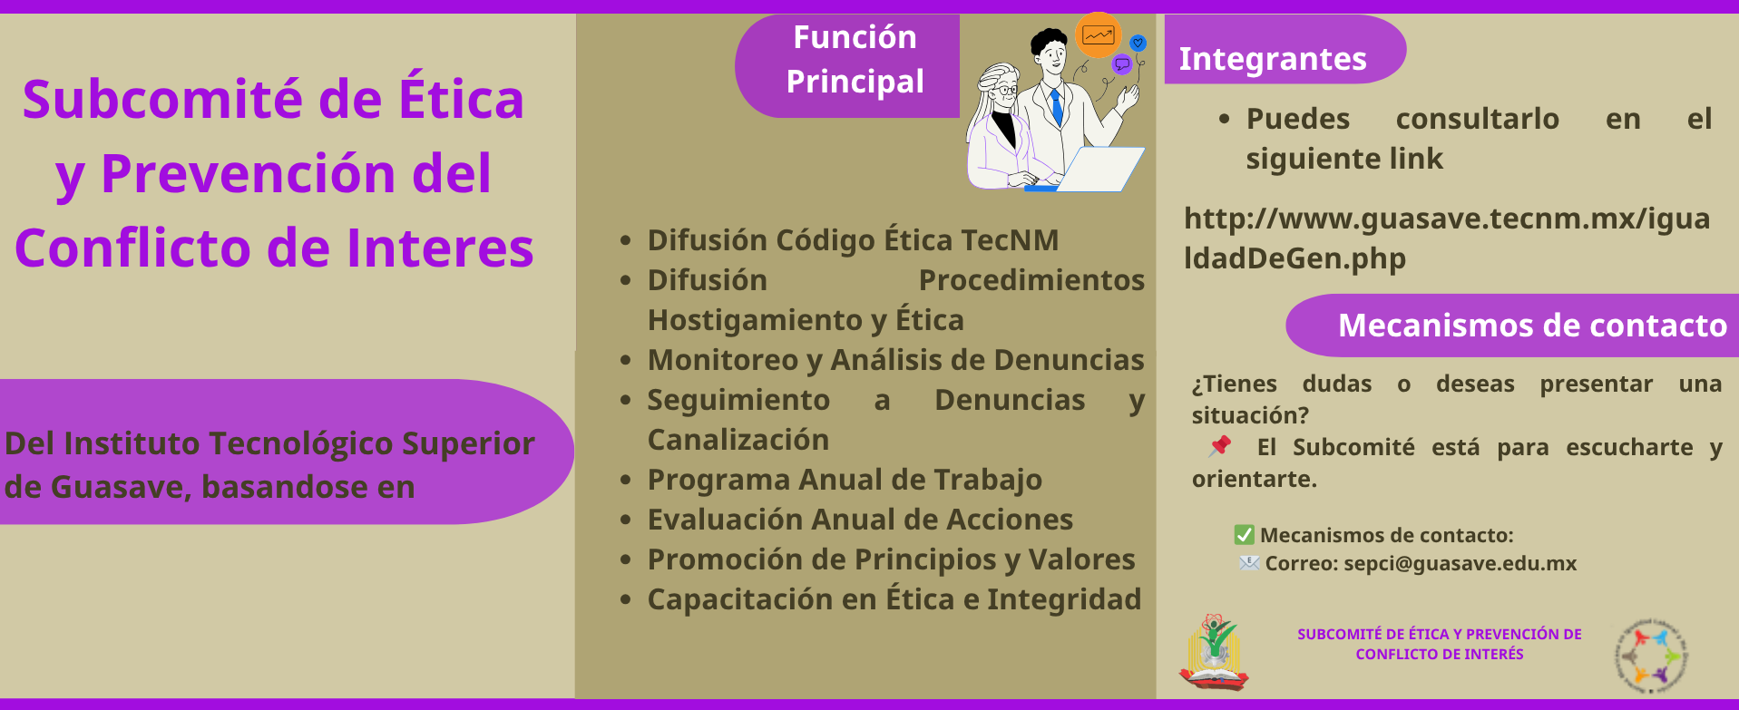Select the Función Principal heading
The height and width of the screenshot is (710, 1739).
[x=855, y=59]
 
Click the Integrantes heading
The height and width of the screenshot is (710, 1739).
[x=1272, y=59]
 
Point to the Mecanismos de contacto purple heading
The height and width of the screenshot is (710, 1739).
[x=1532, y=326]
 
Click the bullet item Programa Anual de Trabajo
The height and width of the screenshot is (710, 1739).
[x=845, y=480]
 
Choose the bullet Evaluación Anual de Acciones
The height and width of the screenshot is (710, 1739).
[x=860, y=520]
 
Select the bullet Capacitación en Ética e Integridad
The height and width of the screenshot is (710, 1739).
[x=894, y=599]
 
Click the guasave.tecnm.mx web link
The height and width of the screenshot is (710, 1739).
[x=1447, y=238]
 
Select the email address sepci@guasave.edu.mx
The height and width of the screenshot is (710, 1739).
[x=1460, y=563]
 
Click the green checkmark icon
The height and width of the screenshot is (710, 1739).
[x=1244, y=535]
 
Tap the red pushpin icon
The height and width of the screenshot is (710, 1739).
[x=1220, y=445]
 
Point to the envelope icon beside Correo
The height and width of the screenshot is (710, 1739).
[x=1249, y=563]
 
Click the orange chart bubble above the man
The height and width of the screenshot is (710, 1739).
[x=1099, y=35]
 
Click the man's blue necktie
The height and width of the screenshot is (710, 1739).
[x=1055, y=106]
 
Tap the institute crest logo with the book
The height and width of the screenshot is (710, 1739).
[x=1214, y=652]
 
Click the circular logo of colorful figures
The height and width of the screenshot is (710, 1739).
[x=1651, y=656]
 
